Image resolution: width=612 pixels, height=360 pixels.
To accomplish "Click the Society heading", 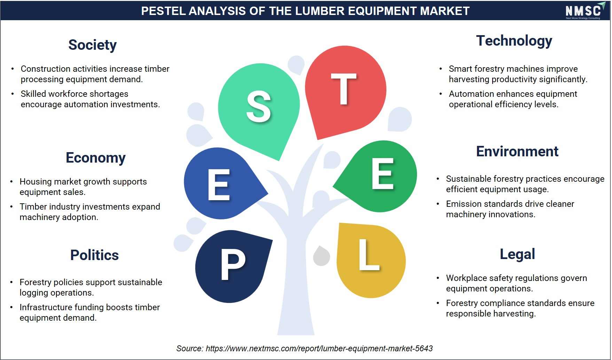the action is click(x=92, y=45).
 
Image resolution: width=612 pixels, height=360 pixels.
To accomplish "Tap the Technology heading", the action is click(x=514, y=41).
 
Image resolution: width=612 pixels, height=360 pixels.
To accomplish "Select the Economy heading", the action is click(x=96, y=158).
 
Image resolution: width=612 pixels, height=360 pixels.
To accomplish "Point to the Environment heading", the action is click(x=517, y=151).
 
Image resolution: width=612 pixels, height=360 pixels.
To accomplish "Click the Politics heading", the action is click(x=94, y=255).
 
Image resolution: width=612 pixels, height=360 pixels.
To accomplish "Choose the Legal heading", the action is click(x=517, y=254).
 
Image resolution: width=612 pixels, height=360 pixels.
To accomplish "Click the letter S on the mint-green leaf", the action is click(x=259, y=107).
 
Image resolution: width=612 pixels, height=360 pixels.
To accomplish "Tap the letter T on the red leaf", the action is click(x=344, y=89).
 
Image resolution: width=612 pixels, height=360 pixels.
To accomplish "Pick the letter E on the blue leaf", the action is click(x=219, y=185).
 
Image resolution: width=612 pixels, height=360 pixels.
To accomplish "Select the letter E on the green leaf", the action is click(x=383, y=173).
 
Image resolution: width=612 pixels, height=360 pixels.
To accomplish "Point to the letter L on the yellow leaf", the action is click(x=369, y=255).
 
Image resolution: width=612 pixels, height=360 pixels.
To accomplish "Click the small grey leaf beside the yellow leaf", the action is click(x=321, y=256).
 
